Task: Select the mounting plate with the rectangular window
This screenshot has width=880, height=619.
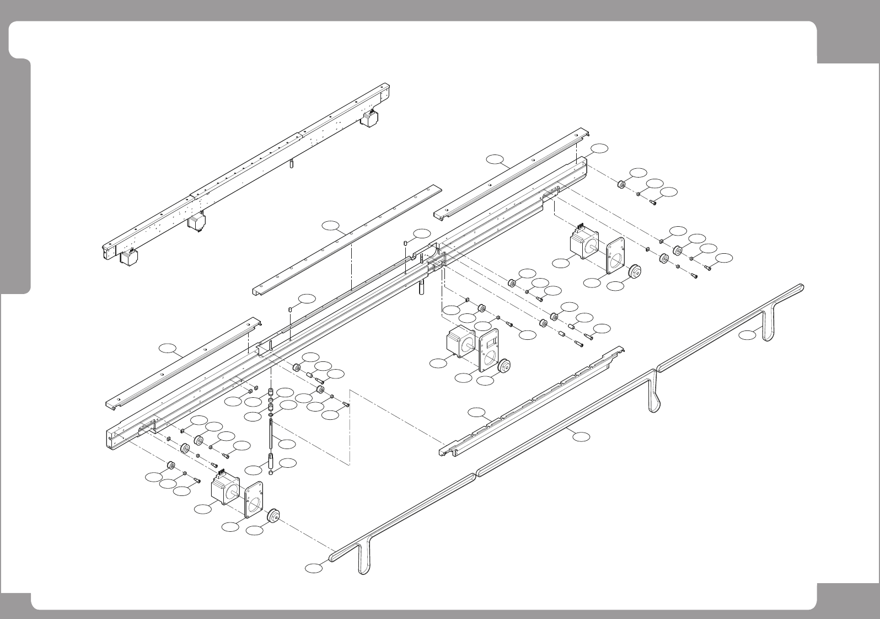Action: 488,350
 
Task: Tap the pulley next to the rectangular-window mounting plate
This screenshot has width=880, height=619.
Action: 503,366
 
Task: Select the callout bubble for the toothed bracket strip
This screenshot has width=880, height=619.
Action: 477,412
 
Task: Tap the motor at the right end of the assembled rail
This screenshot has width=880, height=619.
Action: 369,118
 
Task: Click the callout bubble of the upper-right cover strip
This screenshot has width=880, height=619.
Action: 496,160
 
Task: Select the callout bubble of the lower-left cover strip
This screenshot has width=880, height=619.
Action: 168,348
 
